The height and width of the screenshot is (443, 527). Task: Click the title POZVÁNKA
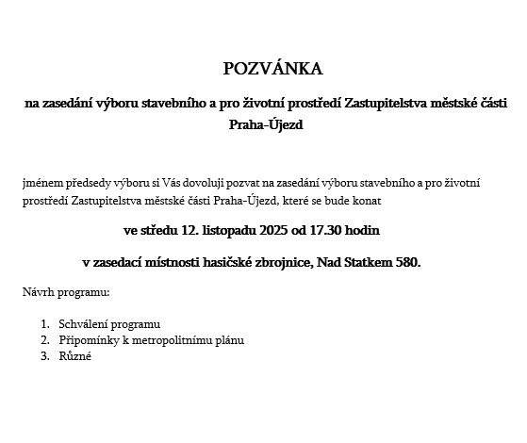pyautogui.click(x=272, y=69)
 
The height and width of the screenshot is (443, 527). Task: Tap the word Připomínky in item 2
pyautogui.click(x=88, y=340)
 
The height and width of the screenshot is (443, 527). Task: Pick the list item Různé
pyautogui.click(x=75, y=356)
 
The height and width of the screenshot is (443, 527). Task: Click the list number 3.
pyautogui.click(x=43, y=356)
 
